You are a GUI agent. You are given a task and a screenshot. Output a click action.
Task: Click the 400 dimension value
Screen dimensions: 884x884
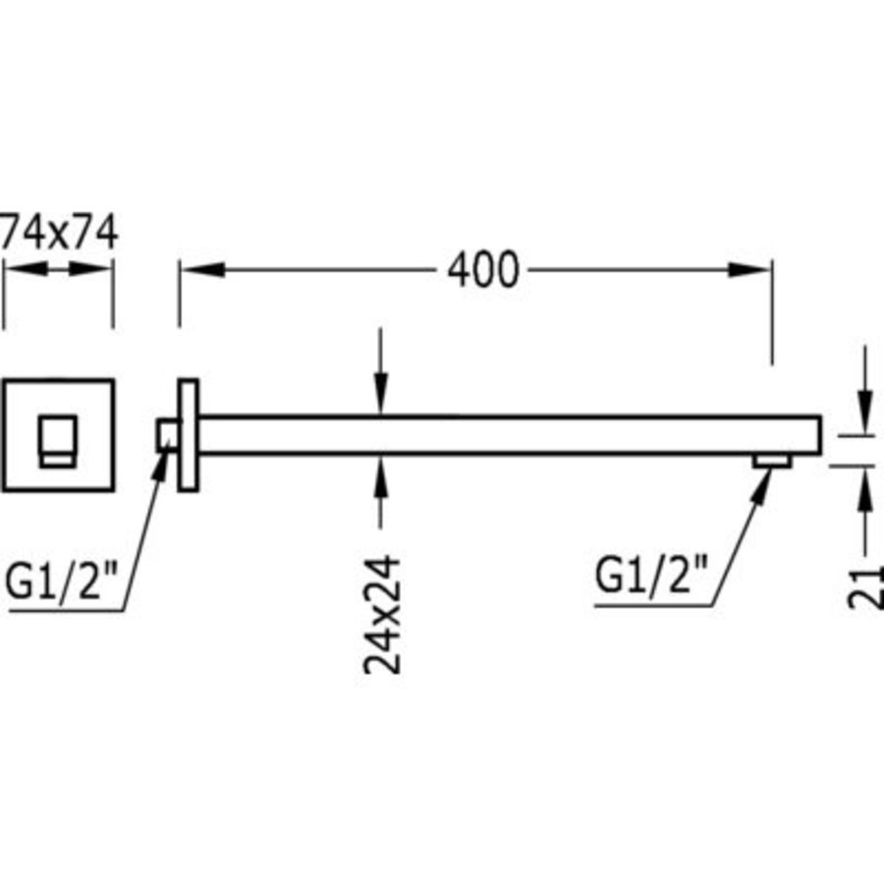tap(482, 270)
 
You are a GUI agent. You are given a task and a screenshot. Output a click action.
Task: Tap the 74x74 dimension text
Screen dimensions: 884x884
tap(59, 231)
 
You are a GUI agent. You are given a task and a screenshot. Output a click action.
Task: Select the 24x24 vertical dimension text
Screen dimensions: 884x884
tap(382, 615)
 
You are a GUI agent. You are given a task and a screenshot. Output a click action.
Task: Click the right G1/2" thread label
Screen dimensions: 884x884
tap(651, 574)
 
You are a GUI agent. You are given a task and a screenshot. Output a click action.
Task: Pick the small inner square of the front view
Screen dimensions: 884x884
tap(58, 441)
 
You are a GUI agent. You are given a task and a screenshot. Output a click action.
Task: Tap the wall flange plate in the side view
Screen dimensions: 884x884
tap(189, 435)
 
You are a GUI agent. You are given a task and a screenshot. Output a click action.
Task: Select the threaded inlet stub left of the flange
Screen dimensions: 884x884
tap(168, 435)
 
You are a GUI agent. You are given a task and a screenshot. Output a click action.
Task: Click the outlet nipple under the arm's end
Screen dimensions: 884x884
tap(772, 462)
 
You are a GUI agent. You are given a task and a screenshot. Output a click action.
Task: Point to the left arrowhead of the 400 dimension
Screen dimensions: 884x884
tap(203, 270)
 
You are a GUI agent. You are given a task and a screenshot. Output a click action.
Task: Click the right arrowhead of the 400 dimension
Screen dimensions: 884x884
tap(749, 270)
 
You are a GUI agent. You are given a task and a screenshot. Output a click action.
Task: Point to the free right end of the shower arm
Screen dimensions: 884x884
tap(821, 435)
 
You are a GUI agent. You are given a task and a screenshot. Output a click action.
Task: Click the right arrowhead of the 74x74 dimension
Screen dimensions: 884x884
tap(90, 269)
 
